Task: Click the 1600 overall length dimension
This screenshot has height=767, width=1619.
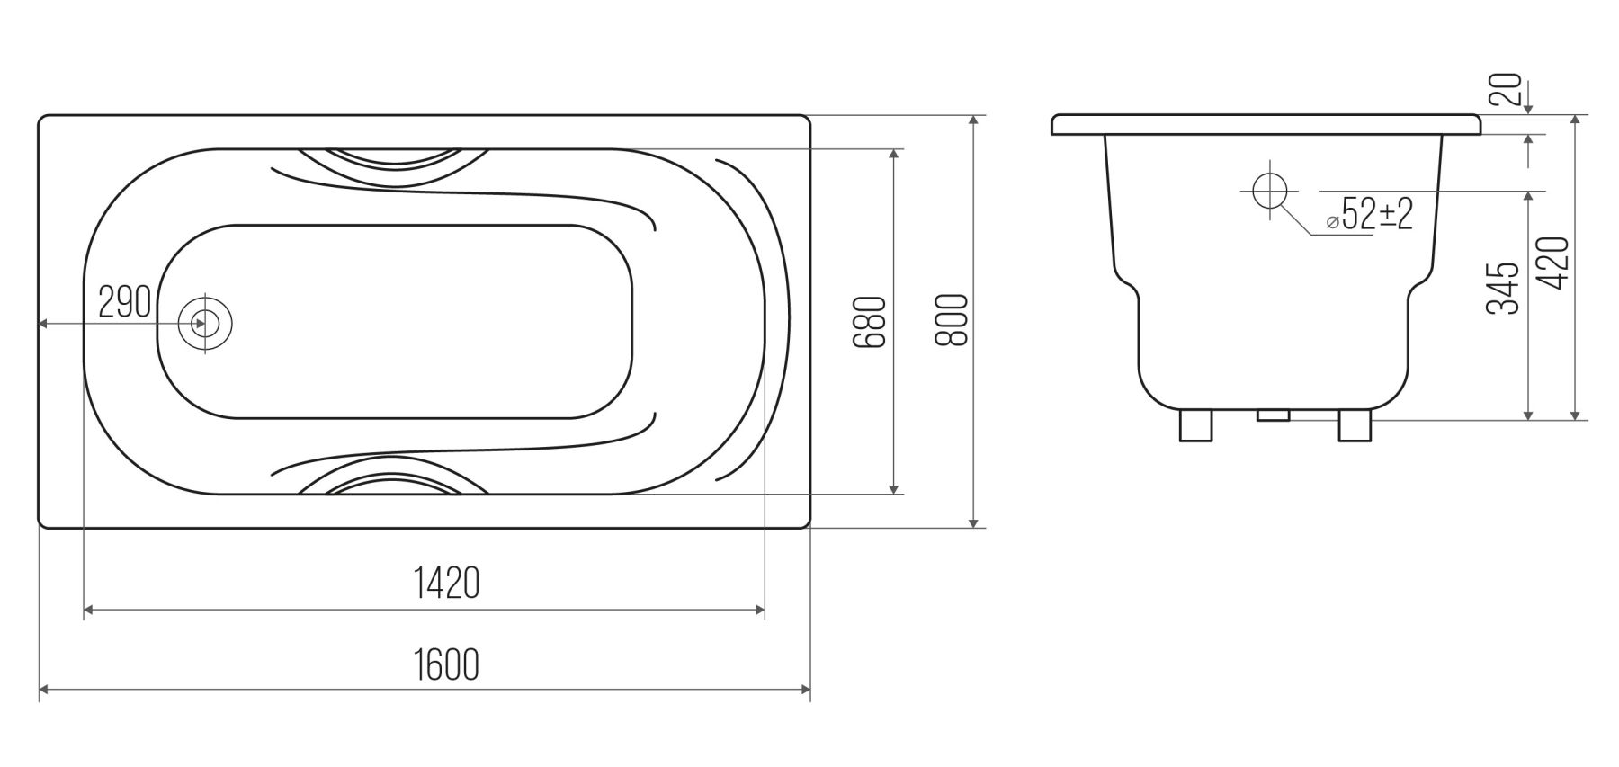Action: point(446,664)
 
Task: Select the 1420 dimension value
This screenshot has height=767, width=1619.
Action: point(446,584)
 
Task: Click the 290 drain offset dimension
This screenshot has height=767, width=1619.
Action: point(124,303)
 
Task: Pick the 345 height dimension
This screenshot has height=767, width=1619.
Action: point(1502,289)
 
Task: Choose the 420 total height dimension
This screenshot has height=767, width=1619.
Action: point(1553,263)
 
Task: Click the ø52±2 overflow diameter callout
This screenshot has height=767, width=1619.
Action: point(1370,215)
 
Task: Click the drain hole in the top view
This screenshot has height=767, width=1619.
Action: point(205,323)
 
